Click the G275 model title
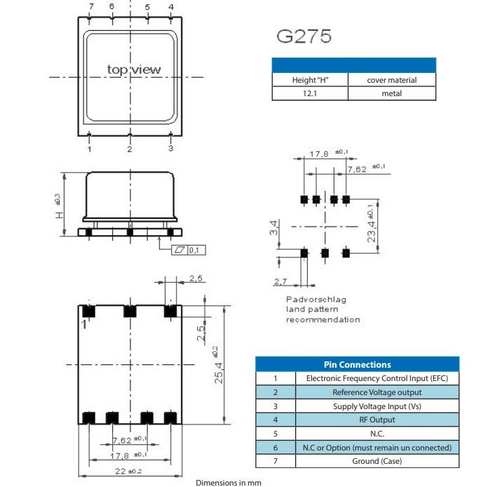[x=304, y=36]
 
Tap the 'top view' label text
[x=133, y=69]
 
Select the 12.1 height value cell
[x=309, y=93]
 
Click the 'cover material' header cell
[x=391, y=80]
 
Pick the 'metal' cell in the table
[x=391, y=93]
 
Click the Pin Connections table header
[x=357, y=364]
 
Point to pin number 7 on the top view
[x=90, y=7]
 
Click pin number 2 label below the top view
[x=130, y=149]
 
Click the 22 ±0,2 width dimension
[x=130, y=470]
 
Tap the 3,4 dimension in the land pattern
[x=275, y=228]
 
